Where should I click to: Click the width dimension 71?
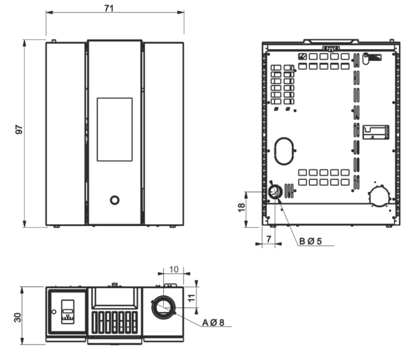tap(109, 8)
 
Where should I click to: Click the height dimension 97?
tap(19, 130)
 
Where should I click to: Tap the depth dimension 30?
tap(18, 318)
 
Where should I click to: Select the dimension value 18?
tap(241, 208)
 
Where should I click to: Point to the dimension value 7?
tap(269, 239)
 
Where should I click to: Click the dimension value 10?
tap(173, 269)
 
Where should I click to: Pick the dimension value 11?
tap(191, 298)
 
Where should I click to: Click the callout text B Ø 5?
tap(310, 241)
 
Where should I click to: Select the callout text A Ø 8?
tap(213, 322)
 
